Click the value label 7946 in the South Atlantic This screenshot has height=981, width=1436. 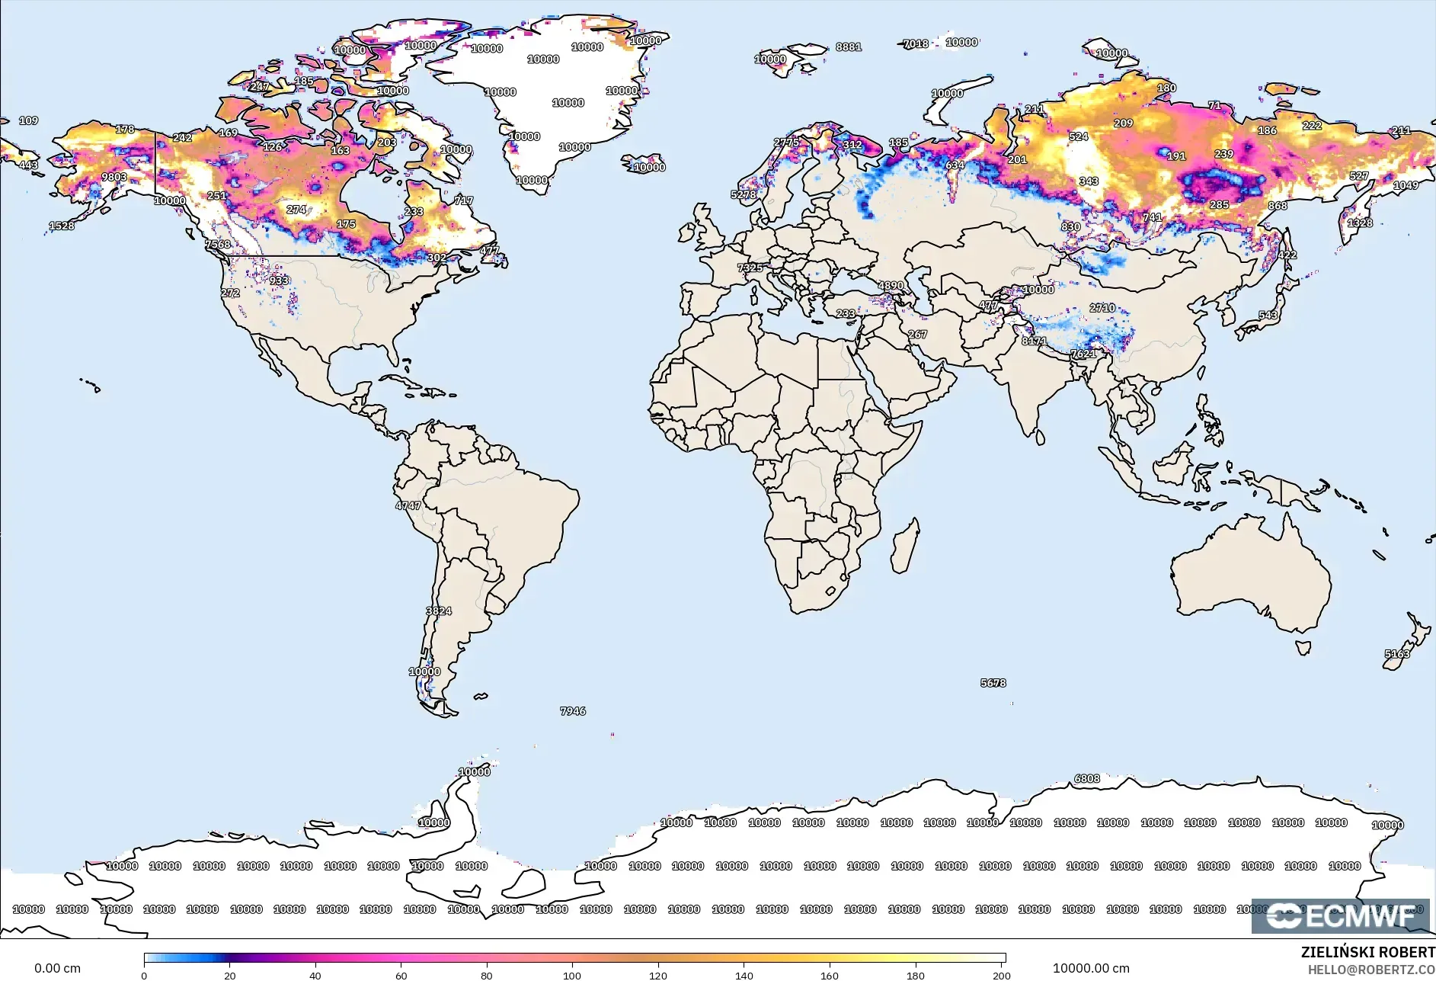pyautogui.click(x=573, y=710)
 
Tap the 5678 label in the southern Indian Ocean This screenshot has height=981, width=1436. pyautogui.click(x=993, y=683)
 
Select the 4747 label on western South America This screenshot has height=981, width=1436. pyautogui.click(x=408, y=505)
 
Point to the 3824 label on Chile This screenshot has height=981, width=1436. pyautogui.click(x=439, y=611)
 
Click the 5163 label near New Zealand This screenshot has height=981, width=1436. pyautogui.click(x=1396, y=654)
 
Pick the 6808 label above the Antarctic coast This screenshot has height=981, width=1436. pyautogui.click(x=1086, y=778)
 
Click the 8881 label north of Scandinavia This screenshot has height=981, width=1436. pyautogui.click(x=848, y=46)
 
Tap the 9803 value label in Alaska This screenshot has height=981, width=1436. pyautogui.click(x=114, y=177)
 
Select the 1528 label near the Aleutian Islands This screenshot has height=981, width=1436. pyautogui.click(x=62, y=226)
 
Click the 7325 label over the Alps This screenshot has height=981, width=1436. pyautogui.click(x=750, y=268)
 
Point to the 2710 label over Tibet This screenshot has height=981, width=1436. pyautogui.click(x=1102, y=308)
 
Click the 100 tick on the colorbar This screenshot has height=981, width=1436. pyautogui.click(x=572, y=976)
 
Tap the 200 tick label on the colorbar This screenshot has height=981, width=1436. pyautogui.click(x=1001, y=976)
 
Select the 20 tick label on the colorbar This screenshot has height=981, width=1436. pyautogui.click(x=229, y=976)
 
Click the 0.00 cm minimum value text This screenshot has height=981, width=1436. pyautogui.click(x=57, y=968)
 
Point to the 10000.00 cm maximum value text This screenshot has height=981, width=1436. pyautogui.click(x=1090, y=968)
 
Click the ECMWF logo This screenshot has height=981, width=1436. pyautogui.click(x=1340, y=915)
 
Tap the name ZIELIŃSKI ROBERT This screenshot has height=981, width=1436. pyautogui.click(x=1367, y=952)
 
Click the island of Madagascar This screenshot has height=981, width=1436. pyautogui.click(x=905, y=545)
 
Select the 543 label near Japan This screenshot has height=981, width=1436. pyautogui.click(x=1268, y=315)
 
